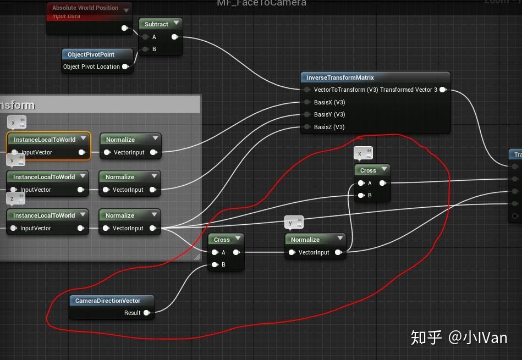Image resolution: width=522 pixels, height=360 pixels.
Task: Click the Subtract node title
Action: [x=156, y=24]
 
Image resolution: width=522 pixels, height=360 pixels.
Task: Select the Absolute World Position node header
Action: [x=85, y=8]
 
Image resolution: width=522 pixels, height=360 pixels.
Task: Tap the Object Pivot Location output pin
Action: [x=125, y=67]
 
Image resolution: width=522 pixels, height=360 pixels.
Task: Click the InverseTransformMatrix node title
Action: [x=340, y=77]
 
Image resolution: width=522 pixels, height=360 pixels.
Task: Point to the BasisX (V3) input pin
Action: [x=307, y=102]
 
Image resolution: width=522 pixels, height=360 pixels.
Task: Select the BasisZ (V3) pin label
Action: [x=329, y=127]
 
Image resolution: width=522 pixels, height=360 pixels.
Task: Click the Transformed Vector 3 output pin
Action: [x=443, y=90]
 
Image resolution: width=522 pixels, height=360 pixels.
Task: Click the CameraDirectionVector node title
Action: [x=108, y=301]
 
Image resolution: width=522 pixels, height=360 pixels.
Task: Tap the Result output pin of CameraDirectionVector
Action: [x=147, y=313]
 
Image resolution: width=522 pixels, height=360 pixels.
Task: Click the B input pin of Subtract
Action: [x=145, y=49]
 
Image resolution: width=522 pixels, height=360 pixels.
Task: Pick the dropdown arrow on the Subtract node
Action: [x=176, y=24]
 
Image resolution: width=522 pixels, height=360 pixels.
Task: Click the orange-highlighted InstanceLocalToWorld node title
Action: [x=44, y=140]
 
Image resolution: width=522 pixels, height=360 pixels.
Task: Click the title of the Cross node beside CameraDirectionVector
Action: [x=222, y=240]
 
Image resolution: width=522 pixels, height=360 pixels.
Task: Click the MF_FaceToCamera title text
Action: [x=261, y=3]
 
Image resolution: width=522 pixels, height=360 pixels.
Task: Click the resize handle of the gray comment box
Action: [x=197, y=257]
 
